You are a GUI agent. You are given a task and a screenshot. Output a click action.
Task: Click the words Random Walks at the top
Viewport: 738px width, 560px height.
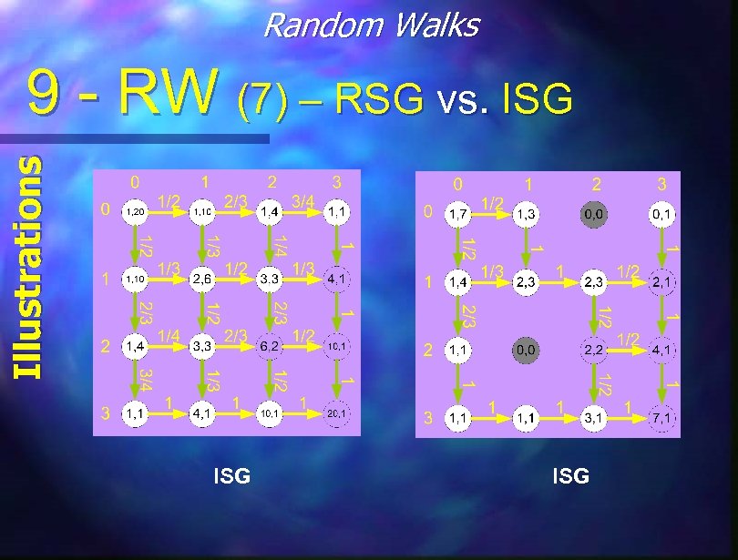(370, 25)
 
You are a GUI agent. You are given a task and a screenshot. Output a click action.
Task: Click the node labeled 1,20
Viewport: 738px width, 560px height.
(135, 211)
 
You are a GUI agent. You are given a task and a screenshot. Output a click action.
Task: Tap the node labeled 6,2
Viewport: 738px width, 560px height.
(270, 346)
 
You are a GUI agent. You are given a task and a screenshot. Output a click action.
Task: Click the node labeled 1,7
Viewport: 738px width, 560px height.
(458, 216)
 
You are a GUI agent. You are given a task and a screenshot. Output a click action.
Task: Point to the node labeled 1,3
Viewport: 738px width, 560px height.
(526, 216)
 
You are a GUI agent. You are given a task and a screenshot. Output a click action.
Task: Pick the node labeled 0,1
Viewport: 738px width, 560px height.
(661, 216)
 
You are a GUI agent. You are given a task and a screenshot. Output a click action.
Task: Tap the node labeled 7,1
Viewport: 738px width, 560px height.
(661, 417)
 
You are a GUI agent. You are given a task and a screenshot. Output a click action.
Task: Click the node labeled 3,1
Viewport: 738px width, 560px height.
(594, 417)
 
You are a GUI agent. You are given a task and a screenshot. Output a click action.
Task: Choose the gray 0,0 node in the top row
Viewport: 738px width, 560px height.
(594, 216)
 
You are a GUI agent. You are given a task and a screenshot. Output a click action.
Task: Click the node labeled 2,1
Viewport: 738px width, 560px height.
(661, 282)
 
